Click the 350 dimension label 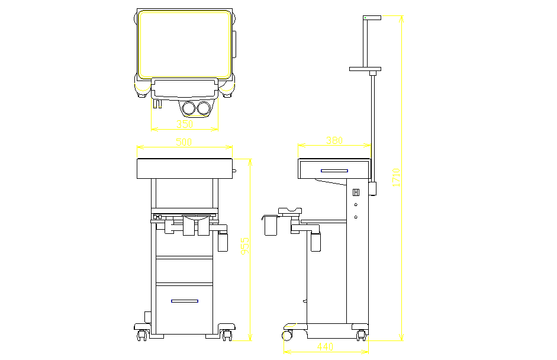[185, 124]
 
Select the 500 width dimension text [185, 142]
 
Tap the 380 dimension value [334, 140]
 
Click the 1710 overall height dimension [397, 178]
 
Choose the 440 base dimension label [326, 346]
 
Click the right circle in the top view [204, 108]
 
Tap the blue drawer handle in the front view [184, 301]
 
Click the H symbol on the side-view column [356, 192]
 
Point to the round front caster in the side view [287, 335]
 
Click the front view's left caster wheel [142, 336]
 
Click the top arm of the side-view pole [372, 18]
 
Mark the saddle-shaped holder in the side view [290, 210]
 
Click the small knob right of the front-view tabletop [235, 172]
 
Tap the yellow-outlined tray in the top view [184, 44]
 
